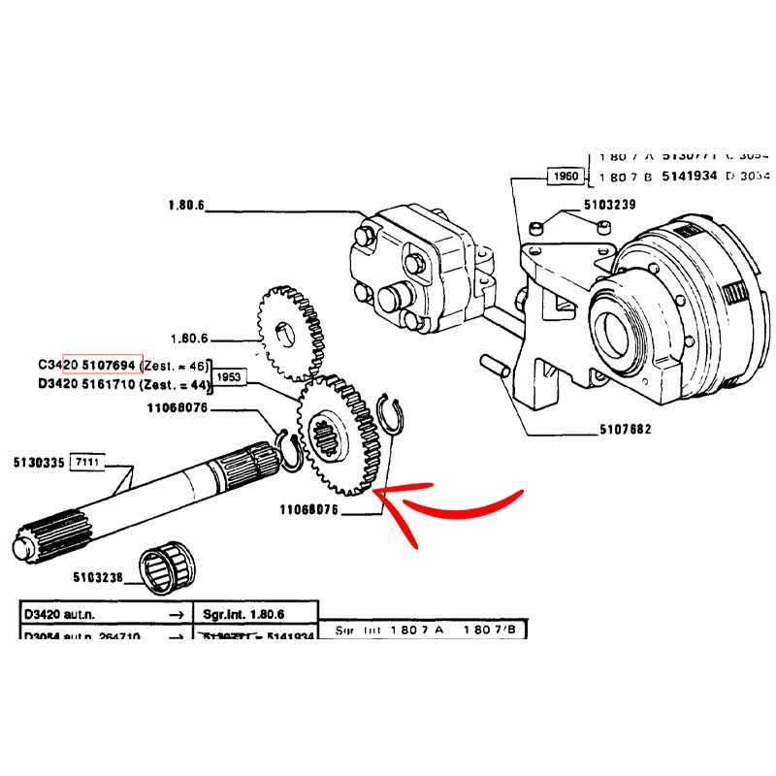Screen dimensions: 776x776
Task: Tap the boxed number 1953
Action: click(x=229, y=377)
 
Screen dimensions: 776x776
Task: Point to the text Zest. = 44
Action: click(x=176, y=384)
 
